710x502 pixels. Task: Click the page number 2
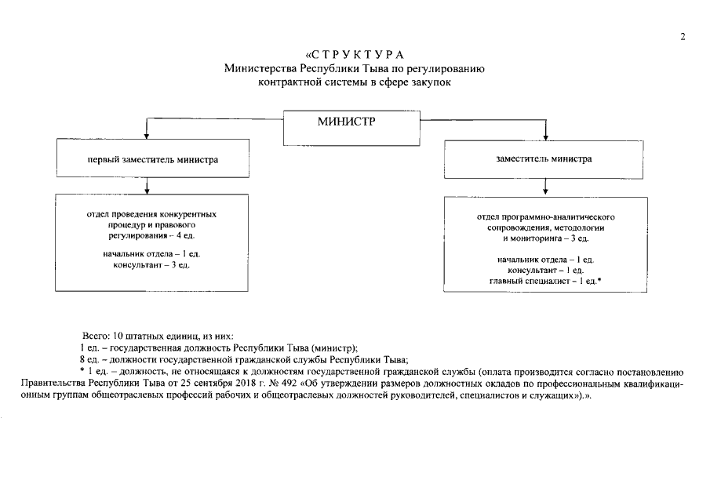(x=683, y=36)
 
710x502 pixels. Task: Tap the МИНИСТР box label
(x=346, y=122)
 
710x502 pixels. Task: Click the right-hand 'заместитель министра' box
(x=544, y=158)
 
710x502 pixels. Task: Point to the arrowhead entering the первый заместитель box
(x=146, y=136)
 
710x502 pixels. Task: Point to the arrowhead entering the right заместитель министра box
(x=544, y=136)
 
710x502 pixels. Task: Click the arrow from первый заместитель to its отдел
(x=146, y=185)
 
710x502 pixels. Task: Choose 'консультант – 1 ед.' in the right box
(x=545, y=270)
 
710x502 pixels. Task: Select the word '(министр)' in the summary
(x=333, y=347)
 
